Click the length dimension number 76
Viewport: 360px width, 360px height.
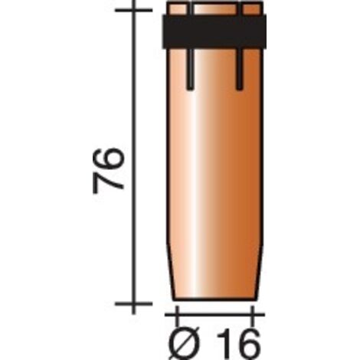coord(108,170)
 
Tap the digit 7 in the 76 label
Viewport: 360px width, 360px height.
coord(108,182)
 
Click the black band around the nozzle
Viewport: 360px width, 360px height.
coord(214,31)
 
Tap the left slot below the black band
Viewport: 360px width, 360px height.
coord(190,69)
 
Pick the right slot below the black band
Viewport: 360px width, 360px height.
coord(239,69)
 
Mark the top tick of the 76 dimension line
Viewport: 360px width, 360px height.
coord(134,10)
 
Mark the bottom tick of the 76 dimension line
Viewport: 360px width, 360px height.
coord(134,303)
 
